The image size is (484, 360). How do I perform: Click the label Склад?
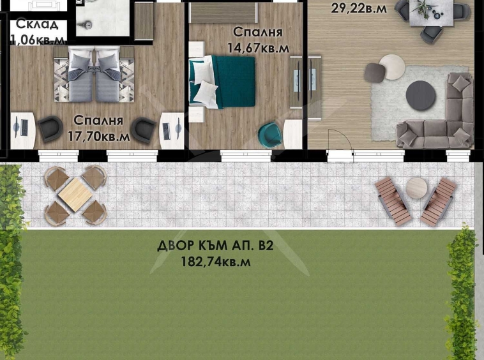point(37,25)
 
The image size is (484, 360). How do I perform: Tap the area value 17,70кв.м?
point(98,136)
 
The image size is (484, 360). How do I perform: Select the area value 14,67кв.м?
point(258,47)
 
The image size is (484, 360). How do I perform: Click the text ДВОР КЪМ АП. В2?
point(215,246)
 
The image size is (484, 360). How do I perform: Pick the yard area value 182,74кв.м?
point(216,262)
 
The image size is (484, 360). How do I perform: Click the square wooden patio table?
point(75,195)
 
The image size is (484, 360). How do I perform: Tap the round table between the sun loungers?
point(416,188)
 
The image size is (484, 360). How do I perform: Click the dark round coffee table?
point(420,94)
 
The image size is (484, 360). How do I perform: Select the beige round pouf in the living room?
point(391,65)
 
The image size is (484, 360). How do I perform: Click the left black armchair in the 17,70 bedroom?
point(49,130)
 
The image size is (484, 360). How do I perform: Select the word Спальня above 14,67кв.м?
point(258,32)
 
